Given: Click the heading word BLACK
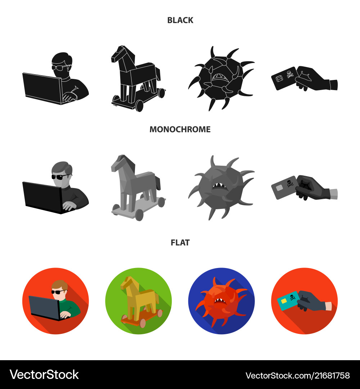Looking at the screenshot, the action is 180,20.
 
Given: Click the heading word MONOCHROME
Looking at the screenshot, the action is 180,129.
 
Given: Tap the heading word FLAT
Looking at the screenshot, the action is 180,242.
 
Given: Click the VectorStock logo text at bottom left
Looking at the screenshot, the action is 44,375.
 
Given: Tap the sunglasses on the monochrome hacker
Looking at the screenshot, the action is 60,176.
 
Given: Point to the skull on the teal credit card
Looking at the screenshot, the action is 292,297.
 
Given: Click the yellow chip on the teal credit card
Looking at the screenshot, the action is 284,301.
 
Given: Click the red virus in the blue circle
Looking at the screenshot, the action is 221,302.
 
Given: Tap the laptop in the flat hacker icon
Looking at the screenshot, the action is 45,308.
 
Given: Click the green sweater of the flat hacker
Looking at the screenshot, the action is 72,308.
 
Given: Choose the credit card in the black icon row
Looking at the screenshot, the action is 284,78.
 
